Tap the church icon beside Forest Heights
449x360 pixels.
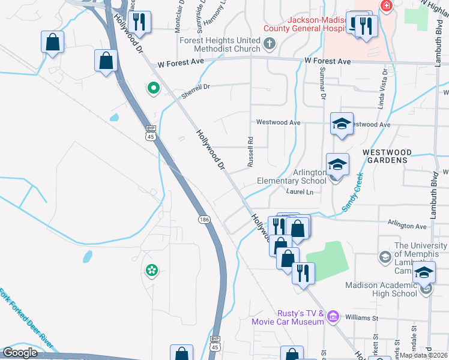(x=270, y=43)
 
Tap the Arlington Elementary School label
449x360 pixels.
(x=292, y=176)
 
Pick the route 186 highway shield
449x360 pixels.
(x=204, y=220)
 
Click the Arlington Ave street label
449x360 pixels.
(x=407, y=226)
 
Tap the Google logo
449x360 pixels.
(x=20, y=352)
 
